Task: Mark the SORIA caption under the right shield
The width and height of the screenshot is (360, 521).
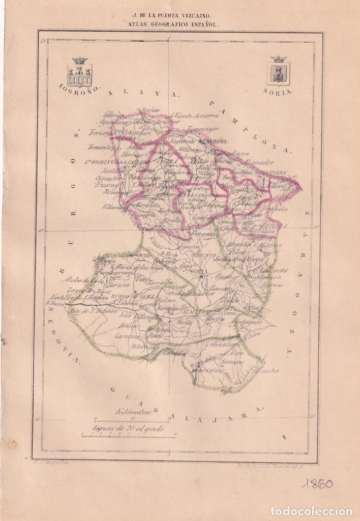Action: (279, 91)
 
